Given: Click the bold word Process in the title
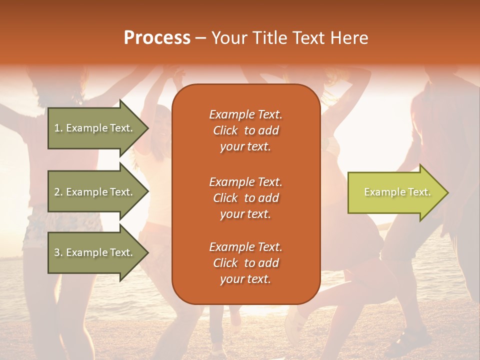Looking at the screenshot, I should tap(157, 38).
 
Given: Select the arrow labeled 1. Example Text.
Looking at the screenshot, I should tap(95, 128).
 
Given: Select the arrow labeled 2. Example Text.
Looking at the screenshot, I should tap(95, 192).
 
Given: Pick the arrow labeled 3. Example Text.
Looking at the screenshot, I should tap(95, 252).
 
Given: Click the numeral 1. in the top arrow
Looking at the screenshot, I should tap(58, 128).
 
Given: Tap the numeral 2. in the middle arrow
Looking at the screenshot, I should tap(58, 192).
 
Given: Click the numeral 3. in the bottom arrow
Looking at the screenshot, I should tap(58, 252).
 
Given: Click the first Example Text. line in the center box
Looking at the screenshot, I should tap(245, 115).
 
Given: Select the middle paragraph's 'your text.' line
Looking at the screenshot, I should tap(245, 214).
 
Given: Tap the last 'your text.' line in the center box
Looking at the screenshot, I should tap(245, 279).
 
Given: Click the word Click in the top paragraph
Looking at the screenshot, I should tap(225, 131).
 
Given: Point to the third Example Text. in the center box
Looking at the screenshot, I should tap(245, 247).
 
